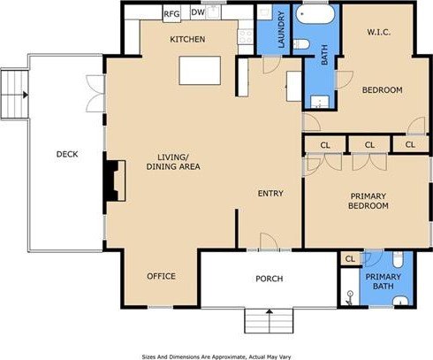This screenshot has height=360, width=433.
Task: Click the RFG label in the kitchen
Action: point(172,14)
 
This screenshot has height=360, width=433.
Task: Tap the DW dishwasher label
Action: point(198,14)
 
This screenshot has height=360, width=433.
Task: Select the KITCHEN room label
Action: point(187,40)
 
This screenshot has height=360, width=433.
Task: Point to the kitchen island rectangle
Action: point(198,69)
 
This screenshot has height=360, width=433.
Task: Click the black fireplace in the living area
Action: point(111,180)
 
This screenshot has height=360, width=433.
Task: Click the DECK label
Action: point(67,155)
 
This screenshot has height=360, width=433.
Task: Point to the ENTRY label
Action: point(270,194)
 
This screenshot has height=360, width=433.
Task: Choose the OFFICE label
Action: point(161,276)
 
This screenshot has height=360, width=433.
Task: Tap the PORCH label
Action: point(269,279)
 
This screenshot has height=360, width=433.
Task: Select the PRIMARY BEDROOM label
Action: point(369,201)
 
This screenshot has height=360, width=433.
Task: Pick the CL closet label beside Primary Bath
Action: point(350,258)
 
